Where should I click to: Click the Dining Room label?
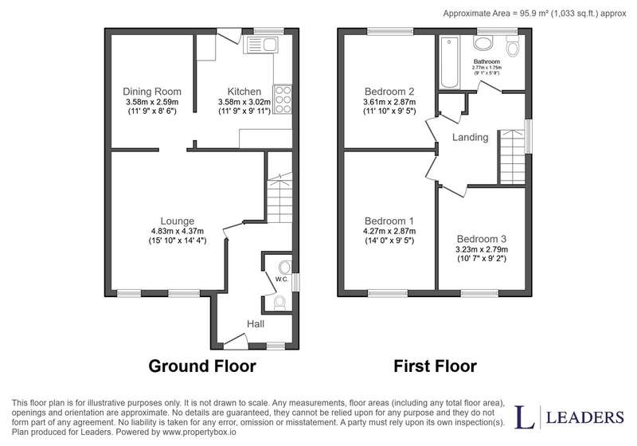(152, 92)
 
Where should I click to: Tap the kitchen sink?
(260, 45)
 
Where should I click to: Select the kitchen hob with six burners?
(283, 99)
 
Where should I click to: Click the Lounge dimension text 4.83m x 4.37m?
(178, 231)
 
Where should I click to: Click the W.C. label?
(282, 279)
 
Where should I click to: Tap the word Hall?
(256, 323)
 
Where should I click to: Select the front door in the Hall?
(236, 340)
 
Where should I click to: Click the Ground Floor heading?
(202, 366)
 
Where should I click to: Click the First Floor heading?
(435, 366)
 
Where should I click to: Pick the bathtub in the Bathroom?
(449, 62)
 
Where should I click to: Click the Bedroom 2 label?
(389, 92)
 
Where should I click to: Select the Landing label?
(470, 137)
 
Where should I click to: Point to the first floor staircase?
(512, 157)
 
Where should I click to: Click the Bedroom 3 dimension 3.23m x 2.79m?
(482, 249)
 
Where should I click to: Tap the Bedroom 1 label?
(389, 221)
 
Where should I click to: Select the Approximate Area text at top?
(534, 14)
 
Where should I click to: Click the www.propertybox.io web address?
(199, 432)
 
